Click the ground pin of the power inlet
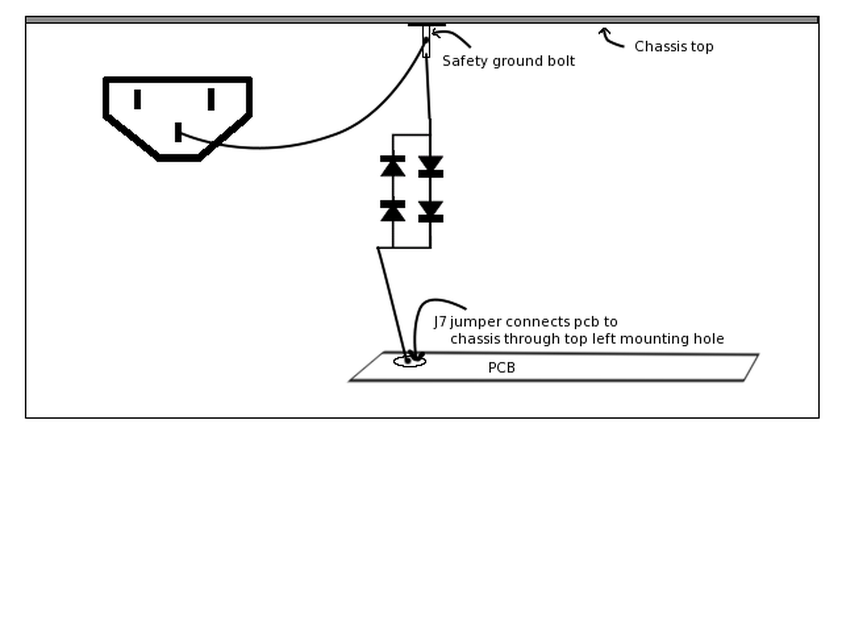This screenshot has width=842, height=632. [178, 132]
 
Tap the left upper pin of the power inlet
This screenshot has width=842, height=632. [137, 99]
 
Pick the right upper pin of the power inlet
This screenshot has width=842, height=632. [210, 99]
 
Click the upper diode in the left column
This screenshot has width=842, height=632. [393, 166]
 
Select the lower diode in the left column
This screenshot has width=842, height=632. [393, 211]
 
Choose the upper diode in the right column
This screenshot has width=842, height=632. [431, 167]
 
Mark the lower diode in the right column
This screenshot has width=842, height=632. [431, 211]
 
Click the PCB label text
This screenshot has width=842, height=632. [501, 368]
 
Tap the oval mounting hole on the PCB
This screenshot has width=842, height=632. [409, 361]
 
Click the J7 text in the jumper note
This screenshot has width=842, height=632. [440, 322]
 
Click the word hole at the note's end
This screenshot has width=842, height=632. [708, 339]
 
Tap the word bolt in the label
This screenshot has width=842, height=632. [561, 61]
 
